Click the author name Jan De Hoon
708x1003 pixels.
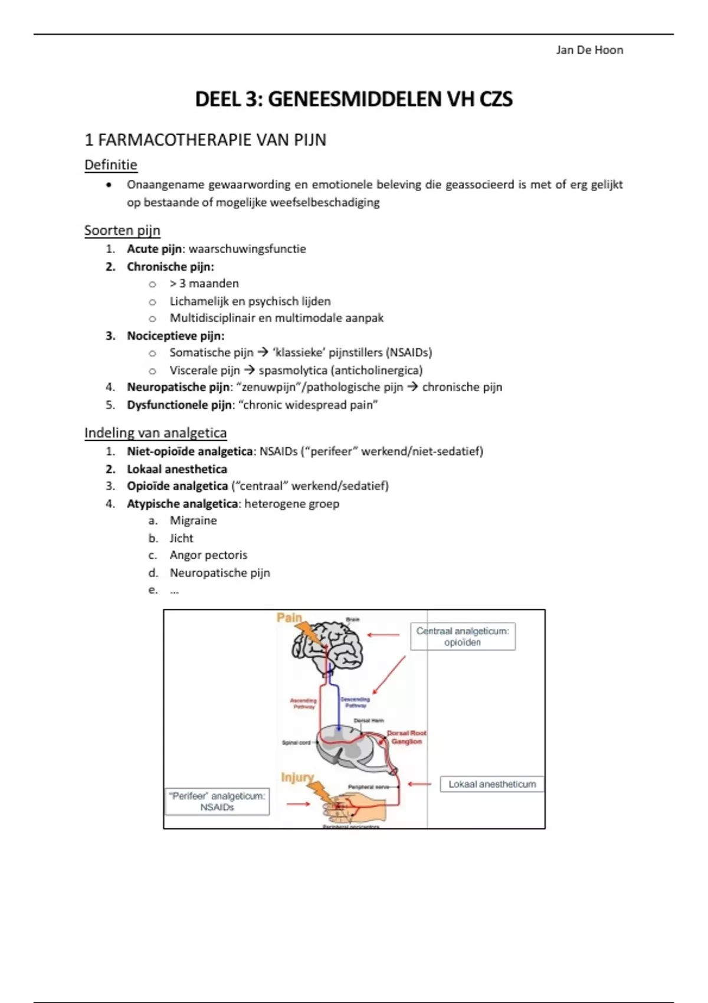589,50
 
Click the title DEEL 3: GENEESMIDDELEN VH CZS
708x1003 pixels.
354,99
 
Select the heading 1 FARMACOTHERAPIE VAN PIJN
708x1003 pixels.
205,140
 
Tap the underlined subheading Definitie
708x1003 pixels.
111,165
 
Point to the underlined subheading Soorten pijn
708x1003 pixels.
122,230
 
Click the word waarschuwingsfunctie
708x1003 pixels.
247,249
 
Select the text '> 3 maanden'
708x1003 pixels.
204,284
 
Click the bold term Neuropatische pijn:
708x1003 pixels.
179,388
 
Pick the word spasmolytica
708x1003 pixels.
293,371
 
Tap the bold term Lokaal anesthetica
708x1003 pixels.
177,469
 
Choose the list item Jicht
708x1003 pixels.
181,538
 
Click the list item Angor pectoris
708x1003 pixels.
208,555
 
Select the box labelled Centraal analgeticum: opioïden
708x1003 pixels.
463,637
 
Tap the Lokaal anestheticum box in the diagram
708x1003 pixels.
491,784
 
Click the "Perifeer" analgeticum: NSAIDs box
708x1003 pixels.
217,802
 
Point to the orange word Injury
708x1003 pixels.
297,777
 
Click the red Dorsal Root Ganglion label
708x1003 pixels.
407,737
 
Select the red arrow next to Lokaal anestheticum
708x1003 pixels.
419,784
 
